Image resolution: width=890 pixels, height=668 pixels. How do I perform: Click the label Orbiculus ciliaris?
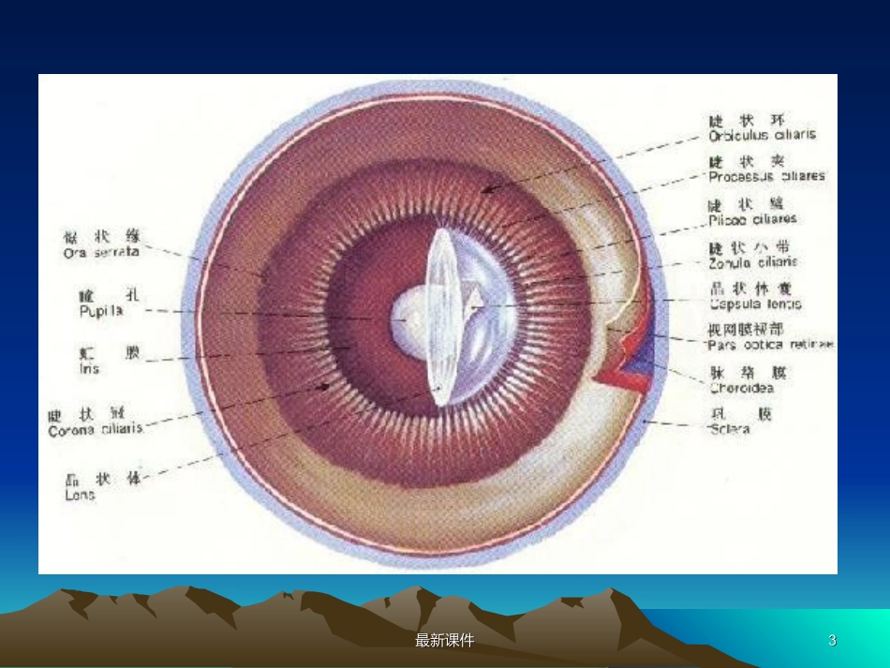point(762,135)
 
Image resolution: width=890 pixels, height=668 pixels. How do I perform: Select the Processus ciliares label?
point(766,176)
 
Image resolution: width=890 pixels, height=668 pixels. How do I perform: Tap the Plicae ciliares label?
point(752,219)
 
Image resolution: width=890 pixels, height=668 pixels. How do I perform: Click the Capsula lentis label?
point(755,304)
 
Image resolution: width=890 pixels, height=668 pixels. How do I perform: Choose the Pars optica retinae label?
point(770,345)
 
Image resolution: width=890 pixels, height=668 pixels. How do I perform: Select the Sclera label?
point(729,429)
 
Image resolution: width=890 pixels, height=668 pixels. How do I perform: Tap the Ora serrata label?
point(101,252)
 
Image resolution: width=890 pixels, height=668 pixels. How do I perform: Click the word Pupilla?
point(101,310)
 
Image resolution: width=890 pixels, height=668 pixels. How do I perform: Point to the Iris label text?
point(89,369)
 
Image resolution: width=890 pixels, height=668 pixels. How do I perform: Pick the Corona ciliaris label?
point(96,429)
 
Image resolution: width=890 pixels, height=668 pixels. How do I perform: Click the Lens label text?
point(80,495)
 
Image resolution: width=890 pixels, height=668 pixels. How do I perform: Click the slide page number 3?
point(832,641)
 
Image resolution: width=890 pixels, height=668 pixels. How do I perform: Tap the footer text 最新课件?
point(444,641)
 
